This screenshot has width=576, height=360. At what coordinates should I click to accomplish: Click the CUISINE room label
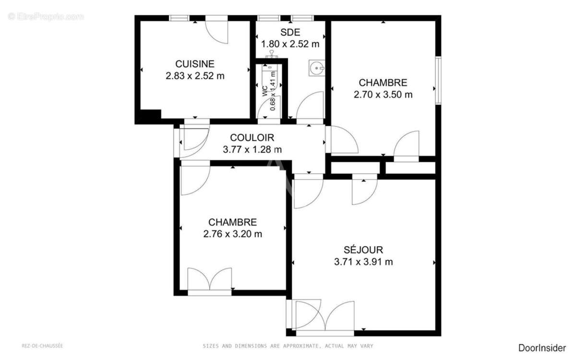point(194,64)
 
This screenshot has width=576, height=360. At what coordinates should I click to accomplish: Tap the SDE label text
point(290,33)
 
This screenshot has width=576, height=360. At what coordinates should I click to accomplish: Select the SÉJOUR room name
point(363,250)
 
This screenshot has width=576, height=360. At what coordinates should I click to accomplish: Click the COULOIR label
point(252,138)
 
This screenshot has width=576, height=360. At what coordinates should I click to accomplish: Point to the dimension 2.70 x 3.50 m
point(383,95)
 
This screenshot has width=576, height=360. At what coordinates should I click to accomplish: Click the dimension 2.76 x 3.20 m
point(232,234)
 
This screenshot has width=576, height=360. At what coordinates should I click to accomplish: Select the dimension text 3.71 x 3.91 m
point(363,262)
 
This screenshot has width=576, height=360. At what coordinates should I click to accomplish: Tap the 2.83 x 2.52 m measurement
point(194,76)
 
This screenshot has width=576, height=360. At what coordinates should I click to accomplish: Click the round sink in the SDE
point(317,69)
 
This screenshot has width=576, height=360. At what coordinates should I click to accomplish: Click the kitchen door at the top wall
point(217,30)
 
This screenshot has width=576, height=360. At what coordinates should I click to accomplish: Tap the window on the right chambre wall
point(438,81)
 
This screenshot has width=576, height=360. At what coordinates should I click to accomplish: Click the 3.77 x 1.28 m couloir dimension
point(252,150)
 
